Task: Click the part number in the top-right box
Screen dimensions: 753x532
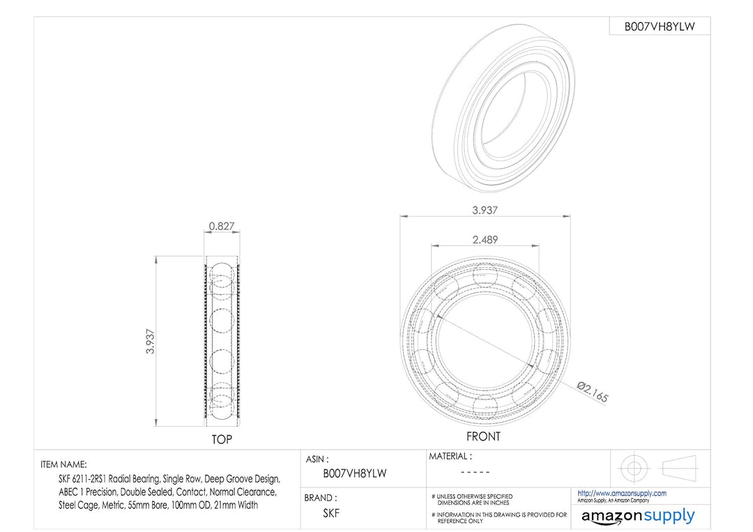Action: click(660, 26)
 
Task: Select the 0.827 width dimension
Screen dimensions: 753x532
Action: click(222, 226)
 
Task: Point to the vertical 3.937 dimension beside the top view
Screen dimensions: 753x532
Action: click(151, 342)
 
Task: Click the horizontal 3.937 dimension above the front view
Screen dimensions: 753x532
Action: click(485, 211)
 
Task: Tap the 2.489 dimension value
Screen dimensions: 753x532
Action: click(485, 240)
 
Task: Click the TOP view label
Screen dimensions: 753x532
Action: click(222, 439)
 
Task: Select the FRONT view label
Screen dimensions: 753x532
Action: click(483, 436)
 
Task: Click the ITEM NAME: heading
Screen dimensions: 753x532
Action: click(64, 465)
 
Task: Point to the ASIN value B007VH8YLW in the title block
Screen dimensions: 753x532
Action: click(355, 473)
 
